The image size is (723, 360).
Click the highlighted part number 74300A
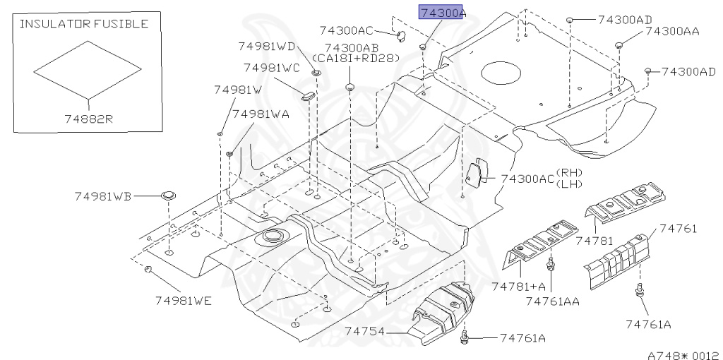[x=442, y=13]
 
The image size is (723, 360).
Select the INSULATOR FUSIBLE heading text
[x=83, y=24]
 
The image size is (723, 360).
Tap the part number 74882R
[x=86, y=119]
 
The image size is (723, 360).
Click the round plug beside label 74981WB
[x=167, y=195]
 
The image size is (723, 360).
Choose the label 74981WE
[x=184, y=300]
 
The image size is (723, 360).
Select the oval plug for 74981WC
[x=308, y=95]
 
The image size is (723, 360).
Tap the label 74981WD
[x=267, y=47]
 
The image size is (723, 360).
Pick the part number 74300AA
[x=672, y=31]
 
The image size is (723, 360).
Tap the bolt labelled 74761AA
[x=553, y=267]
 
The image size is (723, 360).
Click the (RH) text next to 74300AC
[x=567, y=172]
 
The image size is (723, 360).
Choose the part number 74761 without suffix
[x=678, y=228]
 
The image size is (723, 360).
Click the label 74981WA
[x=261, y=114]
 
